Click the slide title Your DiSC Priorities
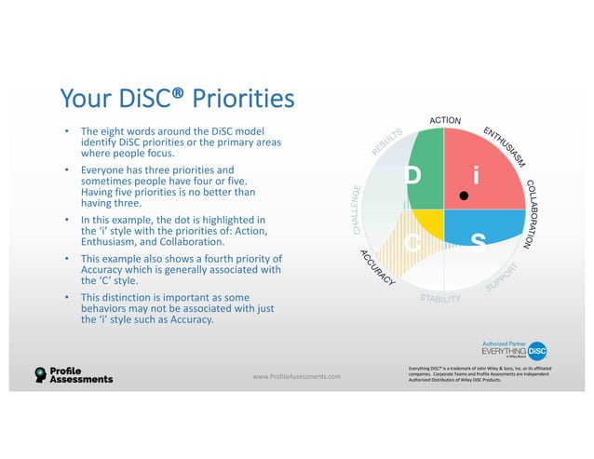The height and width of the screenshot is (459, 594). [176, 98]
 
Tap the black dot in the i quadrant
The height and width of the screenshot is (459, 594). [463, 196]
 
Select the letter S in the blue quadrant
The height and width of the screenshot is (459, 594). [478, 243]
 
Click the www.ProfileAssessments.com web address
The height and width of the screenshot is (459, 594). [296, 376]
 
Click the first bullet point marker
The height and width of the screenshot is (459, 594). [66, 132]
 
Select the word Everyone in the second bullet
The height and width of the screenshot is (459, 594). [103, 170]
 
